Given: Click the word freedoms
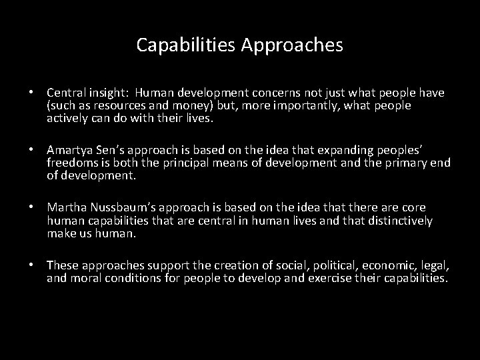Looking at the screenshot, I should click(x=73, y=162).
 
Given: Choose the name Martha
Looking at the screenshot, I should click(x=65, y=208).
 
